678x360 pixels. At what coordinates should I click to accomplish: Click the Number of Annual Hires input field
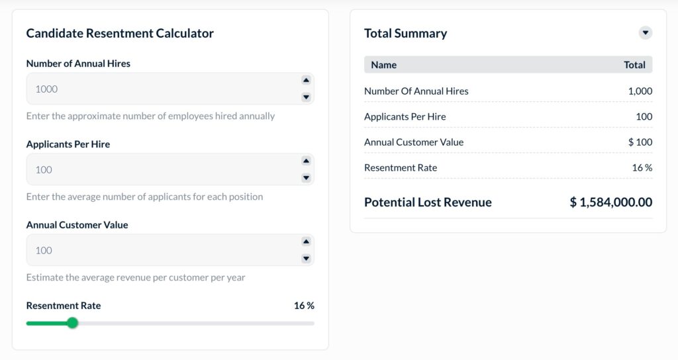pyautogui.click(x=159, y=89)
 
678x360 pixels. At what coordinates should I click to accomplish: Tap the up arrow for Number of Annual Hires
pyautogui.click(x=306, y=80)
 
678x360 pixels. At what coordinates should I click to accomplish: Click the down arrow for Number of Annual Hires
pyautogui.click(x=306, y=97)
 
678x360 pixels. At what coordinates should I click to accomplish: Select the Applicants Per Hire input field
pyautogui.click(x=159, y=169)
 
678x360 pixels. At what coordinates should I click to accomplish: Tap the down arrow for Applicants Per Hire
pyautogui.click(x=306, y=178)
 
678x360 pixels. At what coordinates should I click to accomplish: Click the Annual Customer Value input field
pyautogui.click(x=159, y=250)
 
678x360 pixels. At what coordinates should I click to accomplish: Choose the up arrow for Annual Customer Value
pyautogui.click(x=306, y=242)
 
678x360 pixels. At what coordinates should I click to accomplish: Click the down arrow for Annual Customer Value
pyautogui.click(x=306, y=259)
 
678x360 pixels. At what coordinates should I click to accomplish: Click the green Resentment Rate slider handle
pyautogui.click(x=73, y=323)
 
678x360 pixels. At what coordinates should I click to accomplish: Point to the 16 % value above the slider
pyautogui.click(x=304, y=306)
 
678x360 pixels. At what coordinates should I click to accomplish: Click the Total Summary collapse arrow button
pyautogui.click(x=645, y=33)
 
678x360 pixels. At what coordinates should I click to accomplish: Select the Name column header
pyautogui.click(x=384, y=65)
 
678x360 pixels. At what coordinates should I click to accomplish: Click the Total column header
pyautogui.click(x=634, y=65)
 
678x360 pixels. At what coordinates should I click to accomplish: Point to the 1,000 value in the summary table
pyautogui.click(x=640, y=91)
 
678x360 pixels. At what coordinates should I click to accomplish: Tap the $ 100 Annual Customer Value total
pyautogui.click(x=640, y=142)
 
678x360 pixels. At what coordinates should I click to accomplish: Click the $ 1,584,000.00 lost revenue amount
pyautogui.click(x=610, y=202)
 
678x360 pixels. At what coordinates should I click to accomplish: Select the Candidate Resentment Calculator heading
pyautogui.click(x=120, y=33)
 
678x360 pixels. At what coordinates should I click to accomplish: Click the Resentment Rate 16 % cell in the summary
pyautogui.click(x=642, y=168)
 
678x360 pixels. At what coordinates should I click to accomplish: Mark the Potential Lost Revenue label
pyautogui.click(x=428, y=202)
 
